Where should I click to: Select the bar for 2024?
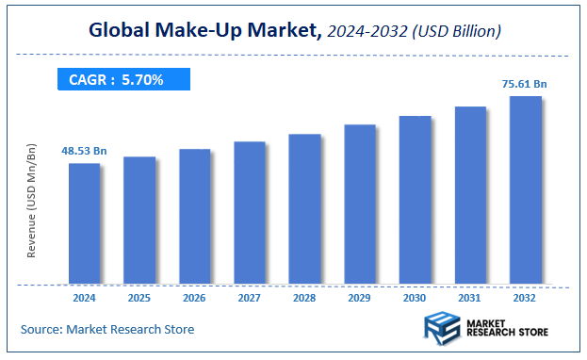84,223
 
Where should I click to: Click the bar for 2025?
139,220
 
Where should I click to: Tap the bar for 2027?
250,212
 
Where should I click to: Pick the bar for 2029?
360,204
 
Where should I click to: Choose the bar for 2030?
415,200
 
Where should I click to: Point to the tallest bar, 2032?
525,189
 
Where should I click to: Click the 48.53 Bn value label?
85,151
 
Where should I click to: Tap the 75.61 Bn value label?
525,84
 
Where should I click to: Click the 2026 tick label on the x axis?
194,299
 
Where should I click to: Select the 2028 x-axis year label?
304,299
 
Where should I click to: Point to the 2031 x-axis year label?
470,299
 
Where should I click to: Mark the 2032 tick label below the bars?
525,299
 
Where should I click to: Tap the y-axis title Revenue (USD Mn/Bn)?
31,202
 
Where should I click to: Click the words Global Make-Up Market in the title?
204,30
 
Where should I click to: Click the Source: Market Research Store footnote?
107,329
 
